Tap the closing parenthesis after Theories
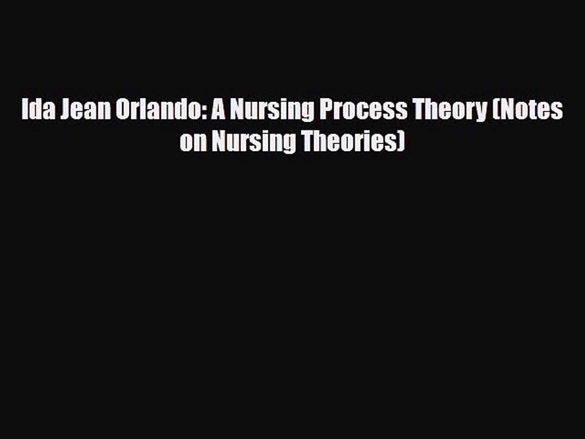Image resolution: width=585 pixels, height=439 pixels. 400,143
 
